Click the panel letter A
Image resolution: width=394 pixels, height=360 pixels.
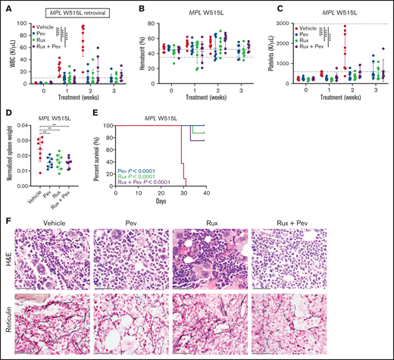pos(6,10)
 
